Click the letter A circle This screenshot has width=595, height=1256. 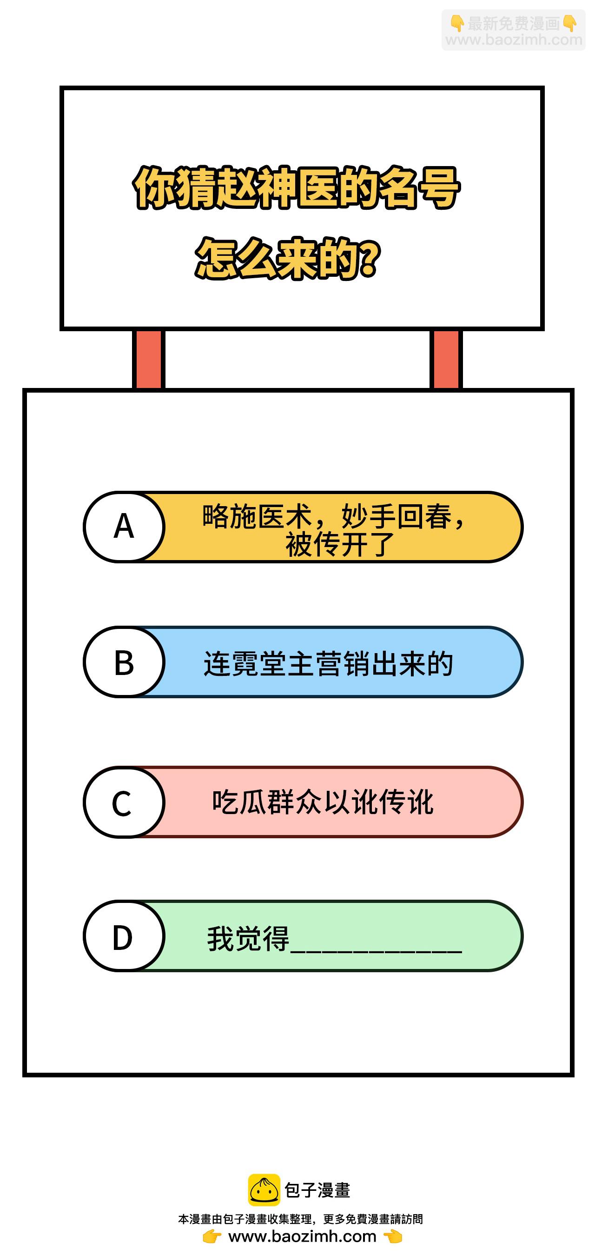124,527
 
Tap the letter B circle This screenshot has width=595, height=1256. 124,662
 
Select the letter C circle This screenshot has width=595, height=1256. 124,802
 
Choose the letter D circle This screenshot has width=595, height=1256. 124,936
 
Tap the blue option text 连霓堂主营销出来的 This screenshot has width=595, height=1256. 329,664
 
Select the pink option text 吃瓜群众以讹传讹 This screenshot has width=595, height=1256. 323,802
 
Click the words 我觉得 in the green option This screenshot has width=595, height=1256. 248,939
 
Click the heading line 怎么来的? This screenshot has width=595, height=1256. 288,259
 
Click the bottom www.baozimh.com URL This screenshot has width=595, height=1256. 302,1236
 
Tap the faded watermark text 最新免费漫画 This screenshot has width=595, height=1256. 514,23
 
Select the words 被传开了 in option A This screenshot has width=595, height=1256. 340,545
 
